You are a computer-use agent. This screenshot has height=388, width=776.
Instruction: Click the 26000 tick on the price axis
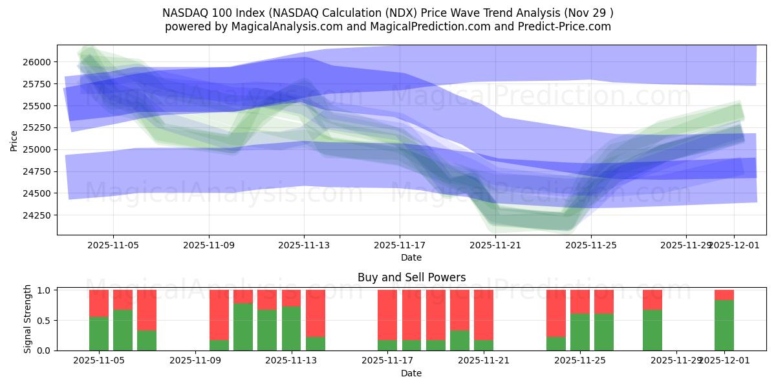click(x=38, y=62)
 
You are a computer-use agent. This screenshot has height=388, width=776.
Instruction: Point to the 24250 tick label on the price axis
click(x=38, y=215)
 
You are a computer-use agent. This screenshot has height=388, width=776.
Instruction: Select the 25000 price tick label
click(x=38, y=149)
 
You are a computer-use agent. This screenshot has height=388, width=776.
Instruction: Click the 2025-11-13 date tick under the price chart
click(x=304, y=245)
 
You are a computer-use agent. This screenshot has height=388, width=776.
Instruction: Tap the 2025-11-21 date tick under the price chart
click(x=495, y=245)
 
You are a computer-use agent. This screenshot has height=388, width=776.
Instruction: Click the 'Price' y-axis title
click(x=14, y=140)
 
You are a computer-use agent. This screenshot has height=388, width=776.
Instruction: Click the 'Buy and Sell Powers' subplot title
click(x=411, y=277)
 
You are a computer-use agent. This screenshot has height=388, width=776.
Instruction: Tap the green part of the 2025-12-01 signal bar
click(x=724, y=325)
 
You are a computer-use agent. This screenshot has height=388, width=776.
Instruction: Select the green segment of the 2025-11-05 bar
click(x=99, y=334)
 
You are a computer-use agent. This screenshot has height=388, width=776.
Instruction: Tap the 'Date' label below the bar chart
click(x=411, y=373)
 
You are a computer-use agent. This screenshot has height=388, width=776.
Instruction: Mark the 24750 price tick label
click(x=38, y=171)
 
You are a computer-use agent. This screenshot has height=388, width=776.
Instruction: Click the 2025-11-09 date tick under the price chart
click(x=208, y=245)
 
